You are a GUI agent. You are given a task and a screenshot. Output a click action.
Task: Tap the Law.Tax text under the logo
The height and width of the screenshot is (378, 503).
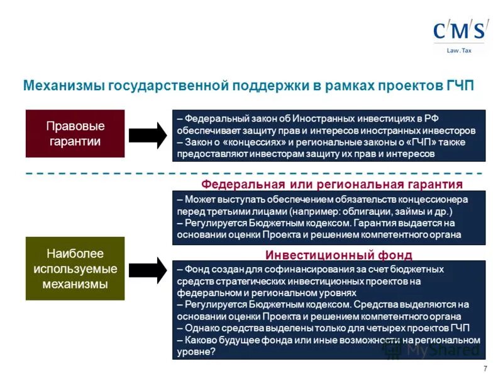[x=459, y=50]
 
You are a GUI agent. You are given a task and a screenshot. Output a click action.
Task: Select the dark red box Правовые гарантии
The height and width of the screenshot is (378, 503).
[x=75, y=134]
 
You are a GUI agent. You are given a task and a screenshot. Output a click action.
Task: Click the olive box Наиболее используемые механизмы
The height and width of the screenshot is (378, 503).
[x=75, y=269]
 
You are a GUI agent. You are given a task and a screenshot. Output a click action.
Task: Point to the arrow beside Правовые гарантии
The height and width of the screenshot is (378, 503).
[x=148, y=135]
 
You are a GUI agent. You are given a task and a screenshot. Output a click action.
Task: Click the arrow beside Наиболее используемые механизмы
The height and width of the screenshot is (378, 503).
[x=148, y=270]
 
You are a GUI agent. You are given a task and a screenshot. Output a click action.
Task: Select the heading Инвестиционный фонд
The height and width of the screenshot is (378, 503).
[x=338, y=255]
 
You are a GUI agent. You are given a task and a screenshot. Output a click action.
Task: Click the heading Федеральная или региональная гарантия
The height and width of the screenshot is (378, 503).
[x=331, y=184]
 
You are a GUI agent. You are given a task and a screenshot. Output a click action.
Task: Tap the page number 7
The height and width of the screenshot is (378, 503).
[x=485, y=369]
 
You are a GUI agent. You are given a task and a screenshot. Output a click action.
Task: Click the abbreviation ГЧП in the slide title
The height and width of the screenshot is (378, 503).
[x=460, y=86]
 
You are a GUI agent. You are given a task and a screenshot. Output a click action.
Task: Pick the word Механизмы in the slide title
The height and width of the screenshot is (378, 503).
[x=64, y=86]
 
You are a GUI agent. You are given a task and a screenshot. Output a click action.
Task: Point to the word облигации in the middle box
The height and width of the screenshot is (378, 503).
[x=357, y=211]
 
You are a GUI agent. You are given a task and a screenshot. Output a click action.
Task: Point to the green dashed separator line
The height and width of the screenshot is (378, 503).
[x=251, y=173]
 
